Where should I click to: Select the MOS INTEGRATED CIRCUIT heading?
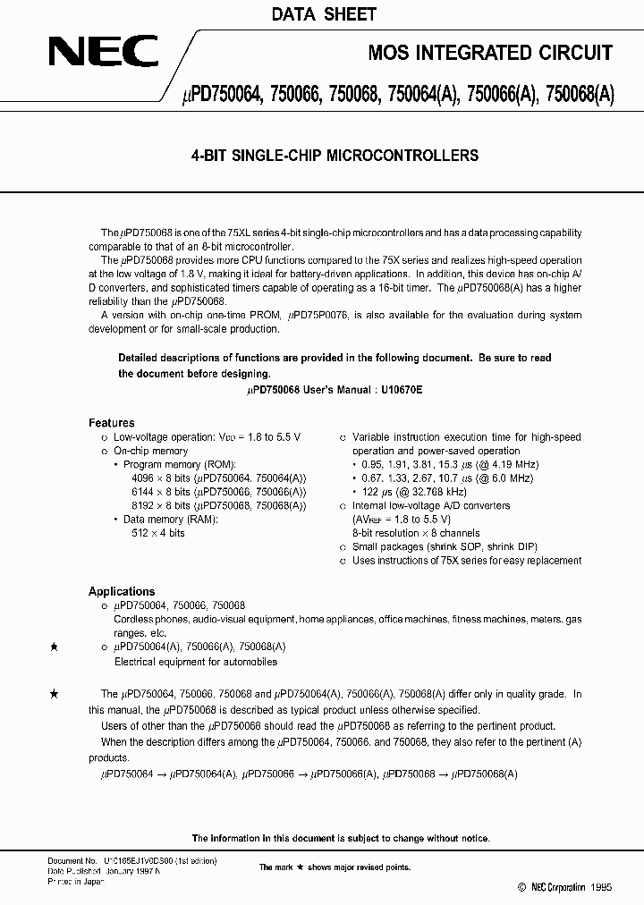click(x=490, y=54)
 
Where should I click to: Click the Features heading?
click(x=112, y=423)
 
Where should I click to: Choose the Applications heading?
click(x=122, y=591)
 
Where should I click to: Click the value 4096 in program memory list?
click(x=143, y=478)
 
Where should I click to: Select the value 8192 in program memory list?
click(x=143, y=505)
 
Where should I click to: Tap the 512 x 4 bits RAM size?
click(x=157, y=533)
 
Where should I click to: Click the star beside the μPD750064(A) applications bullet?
click(x=55, y=646)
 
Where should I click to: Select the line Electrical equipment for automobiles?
click(x=196, y=662)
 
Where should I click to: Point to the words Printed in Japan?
click(x=76, y=882)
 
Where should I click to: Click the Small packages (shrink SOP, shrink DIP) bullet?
click(x=445, y=546)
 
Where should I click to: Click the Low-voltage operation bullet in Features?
click(x=207, y=437)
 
